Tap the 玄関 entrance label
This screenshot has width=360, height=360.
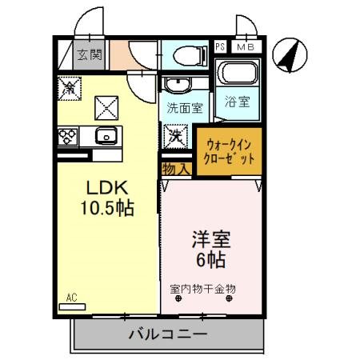(89, 55)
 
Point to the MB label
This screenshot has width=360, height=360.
(246, 46)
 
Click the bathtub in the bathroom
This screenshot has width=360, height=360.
(236, 77)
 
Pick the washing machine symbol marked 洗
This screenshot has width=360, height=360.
(175, 134)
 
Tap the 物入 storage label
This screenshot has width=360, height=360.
(175, 169)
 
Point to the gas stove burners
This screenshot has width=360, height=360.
(67, 137)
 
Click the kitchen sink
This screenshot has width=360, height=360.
(105, 135)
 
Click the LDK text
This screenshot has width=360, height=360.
(105, 190)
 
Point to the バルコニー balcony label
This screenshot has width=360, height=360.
(168, 334)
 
